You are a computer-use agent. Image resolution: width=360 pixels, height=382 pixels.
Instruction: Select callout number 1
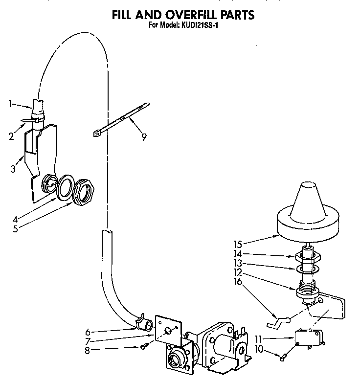click(x=10, y=103)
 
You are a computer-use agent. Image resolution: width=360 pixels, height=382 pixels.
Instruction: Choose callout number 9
click(x=143, y=137)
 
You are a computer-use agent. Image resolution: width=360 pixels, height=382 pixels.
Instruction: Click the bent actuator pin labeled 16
click(x=277, y=322)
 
